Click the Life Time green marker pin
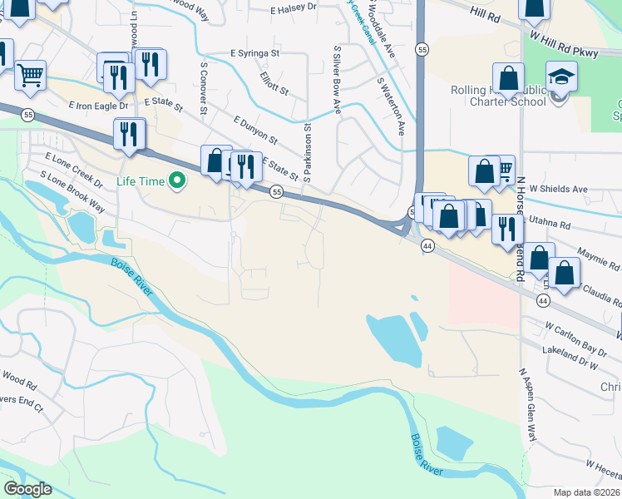(176, 180)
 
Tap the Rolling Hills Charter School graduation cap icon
(562, 77)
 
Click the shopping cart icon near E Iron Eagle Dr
(31, 74)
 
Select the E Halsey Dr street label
(294, 7)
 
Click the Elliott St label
(273, 83)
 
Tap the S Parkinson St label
(307, 152)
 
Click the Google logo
(28, 489)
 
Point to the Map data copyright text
(587, 492)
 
